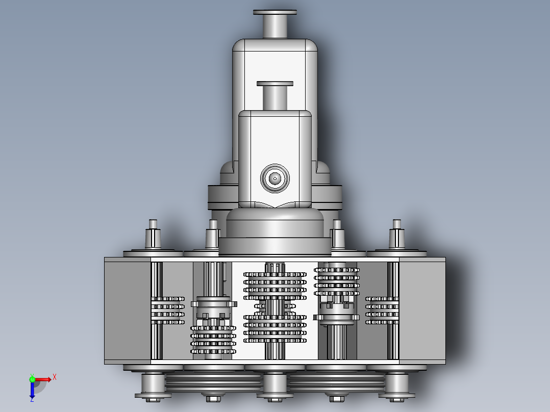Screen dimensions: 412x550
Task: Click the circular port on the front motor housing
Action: click(x=275, y=178)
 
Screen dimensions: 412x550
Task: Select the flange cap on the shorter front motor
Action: click(x=275, y=84)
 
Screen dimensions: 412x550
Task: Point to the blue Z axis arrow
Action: click(x=32, y=392)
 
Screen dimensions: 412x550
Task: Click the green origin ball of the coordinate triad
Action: click(x=32, y=379)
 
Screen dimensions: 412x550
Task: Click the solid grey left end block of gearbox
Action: click(x=128, y=310)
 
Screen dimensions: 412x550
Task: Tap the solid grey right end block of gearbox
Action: click(x=422, y=310)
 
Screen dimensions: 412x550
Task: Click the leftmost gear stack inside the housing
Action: click(x=167, y=310)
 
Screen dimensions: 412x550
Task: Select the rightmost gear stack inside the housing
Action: click(x=382, y=310)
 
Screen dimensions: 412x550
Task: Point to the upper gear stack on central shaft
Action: click(x=275, y=286)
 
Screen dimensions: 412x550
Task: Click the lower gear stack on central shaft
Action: click(x=275, y=328)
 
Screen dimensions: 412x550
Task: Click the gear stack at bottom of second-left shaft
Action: click(x=213, y=340)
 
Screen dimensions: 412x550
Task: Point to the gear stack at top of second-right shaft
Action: click(x=336, y=282)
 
